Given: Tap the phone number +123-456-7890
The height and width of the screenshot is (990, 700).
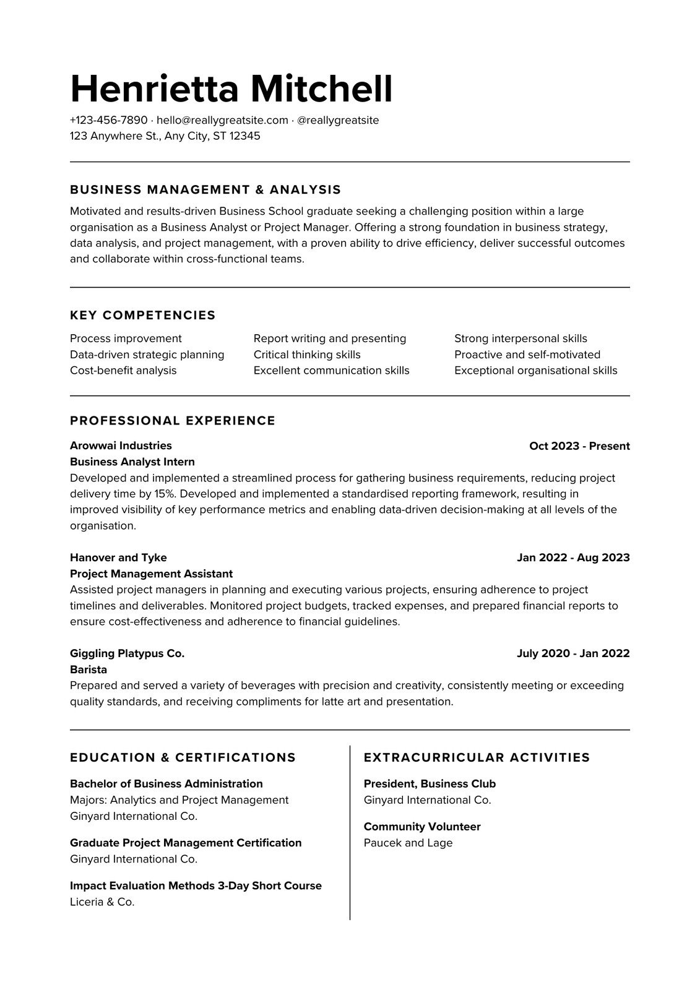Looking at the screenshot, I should tap(109, 120).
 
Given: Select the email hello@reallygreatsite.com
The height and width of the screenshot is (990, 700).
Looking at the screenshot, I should tap(222, 120).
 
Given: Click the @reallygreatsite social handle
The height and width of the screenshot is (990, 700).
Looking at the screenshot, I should tap(338, 120).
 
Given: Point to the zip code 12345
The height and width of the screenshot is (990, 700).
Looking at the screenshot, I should tap(244, 136).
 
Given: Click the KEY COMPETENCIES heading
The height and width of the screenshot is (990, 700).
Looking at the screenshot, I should tap(143, 315).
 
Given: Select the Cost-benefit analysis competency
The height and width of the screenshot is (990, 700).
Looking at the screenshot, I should tap(123, 371).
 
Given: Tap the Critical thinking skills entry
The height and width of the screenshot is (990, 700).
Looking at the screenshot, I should tap(307, 355).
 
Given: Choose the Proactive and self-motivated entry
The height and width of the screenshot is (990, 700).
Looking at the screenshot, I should tap(527, 355).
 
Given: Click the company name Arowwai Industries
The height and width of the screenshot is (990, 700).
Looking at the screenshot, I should tap(121, 445).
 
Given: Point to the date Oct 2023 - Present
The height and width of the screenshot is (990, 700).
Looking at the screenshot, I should tap(579, 446).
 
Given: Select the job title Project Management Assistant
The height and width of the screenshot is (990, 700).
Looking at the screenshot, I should tap(151, 574).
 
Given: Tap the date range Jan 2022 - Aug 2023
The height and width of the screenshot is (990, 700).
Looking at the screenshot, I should tap(573, 557).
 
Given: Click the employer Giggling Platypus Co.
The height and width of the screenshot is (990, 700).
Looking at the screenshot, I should tap(127, 653).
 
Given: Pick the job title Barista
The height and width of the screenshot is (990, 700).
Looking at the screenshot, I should tap(89, 669).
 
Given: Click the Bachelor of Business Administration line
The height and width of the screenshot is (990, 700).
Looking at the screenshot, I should tap(166, 784).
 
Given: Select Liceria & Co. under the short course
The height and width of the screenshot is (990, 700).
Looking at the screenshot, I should tap(102, 902).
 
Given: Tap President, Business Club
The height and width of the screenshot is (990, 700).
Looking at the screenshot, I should tap(430, 784).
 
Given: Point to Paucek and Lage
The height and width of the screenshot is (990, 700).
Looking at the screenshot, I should tap(408, 843).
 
